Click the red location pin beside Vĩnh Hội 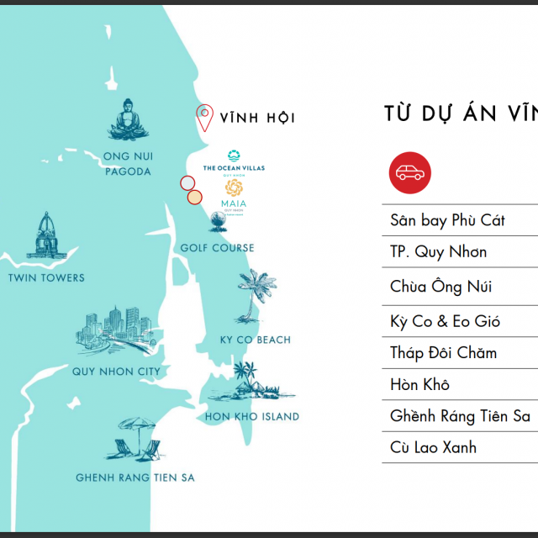pyautogui.click(x=204, y=118)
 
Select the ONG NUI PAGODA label pyautogui.click(x=127, y=163)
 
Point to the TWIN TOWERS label pyautogui.click(x=46, y=277)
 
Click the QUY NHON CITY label pyautogui.click(x=116, y=371)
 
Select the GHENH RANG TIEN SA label pyautogui.click(x=134, y=477)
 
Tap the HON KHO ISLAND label pyautogui.click(x=252, y=416)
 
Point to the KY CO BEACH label pyautogui.click(x=255, y=340)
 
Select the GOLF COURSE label pyautogui.click(x=217, y=248)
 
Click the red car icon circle pyautogui.click(x=410, y=173)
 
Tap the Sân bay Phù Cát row pyautogui.click(x=447, y=220)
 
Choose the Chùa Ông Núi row pyautogui.click(x=441, y=287)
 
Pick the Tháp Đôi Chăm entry pyautogui.click(x=443, y=352)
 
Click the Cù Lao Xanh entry pyautogui.click(x=433, y=446)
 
